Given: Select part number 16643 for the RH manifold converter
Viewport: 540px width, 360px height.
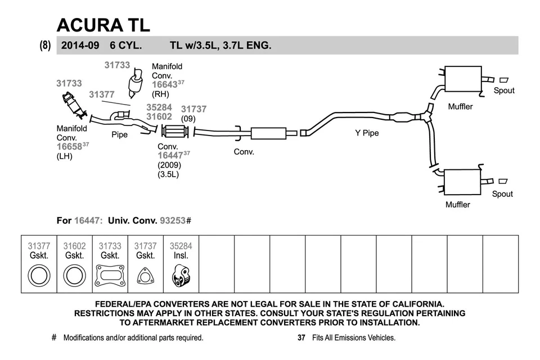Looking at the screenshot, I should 164,84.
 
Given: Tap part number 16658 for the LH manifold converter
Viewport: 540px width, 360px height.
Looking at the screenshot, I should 69,147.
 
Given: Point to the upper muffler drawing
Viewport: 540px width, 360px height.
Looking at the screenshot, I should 463,79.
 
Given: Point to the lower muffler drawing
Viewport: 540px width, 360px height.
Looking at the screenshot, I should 463,182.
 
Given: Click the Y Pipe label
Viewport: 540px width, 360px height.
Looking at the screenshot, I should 367,133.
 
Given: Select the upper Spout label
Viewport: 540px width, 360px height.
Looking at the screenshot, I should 503,91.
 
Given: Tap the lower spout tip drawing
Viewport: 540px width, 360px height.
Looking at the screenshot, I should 502,181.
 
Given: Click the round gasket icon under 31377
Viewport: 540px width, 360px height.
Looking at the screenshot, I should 39,276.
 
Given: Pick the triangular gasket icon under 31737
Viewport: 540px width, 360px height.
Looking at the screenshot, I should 145,276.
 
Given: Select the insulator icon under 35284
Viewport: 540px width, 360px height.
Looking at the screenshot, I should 181,276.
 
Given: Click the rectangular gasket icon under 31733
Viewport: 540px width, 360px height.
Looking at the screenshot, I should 110,276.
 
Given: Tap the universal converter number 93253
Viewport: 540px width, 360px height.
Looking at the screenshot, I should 173,220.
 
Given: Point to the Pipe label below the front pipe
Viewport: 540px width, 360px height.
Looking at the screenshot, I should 119,135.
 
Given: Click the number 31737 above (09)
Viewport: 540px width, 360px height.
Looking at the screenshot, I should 193,109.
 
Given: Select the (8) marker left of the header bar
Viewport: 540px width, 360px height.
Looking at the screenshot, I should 46,46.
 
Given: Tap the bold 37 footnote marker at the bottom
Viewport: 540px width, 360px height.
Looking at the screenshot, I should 301,338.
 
